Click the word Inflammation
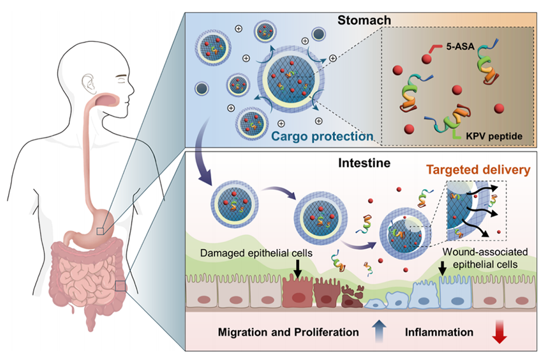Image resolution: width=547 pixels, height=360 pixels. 439,332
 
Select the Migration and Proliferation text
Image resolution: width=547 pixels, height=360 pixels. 289,332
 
